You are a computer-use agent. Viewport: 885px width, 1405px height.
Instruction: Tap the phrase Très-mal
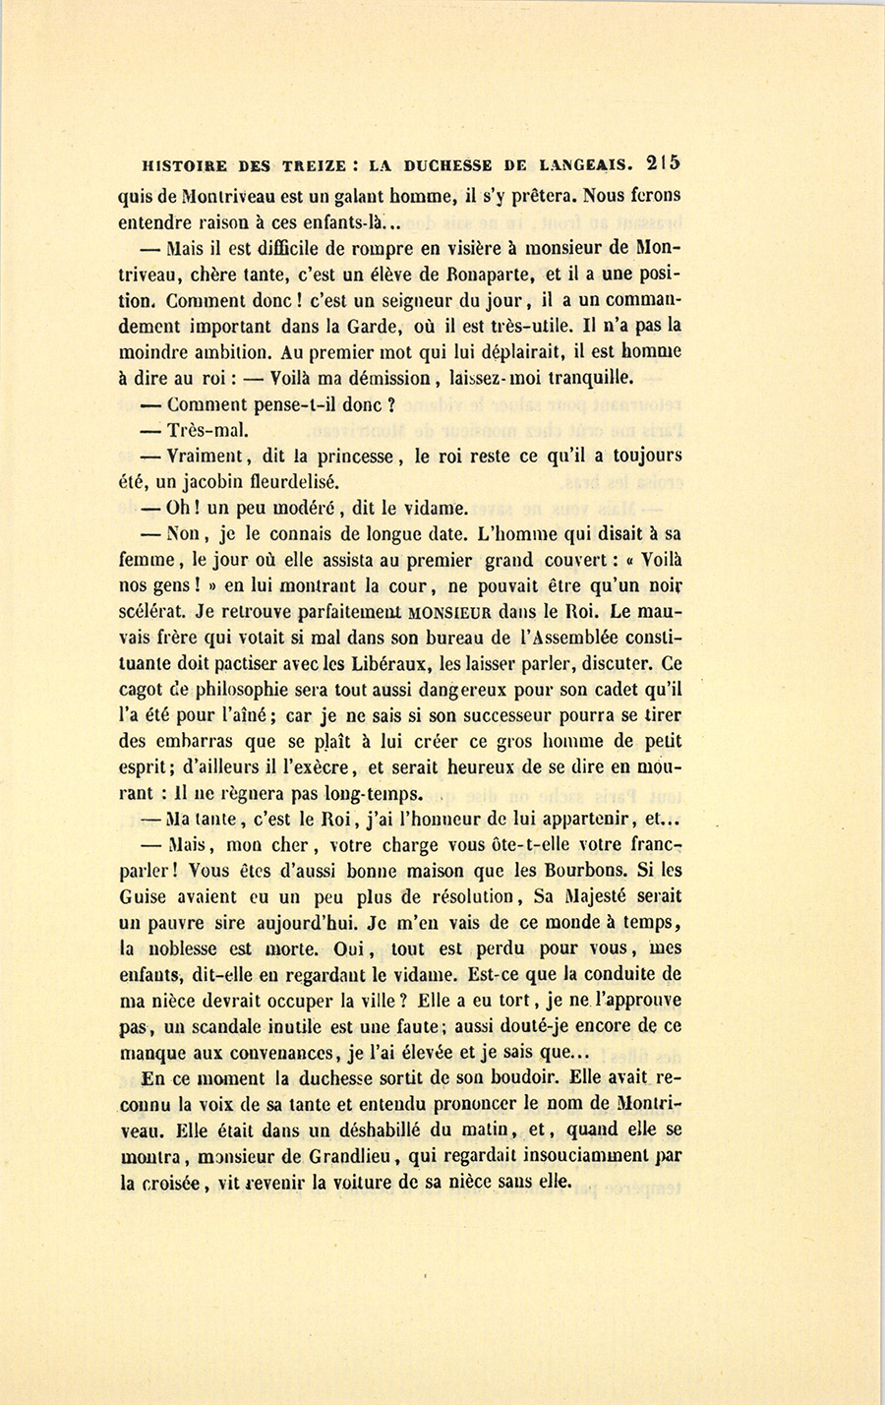point(201,430)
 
